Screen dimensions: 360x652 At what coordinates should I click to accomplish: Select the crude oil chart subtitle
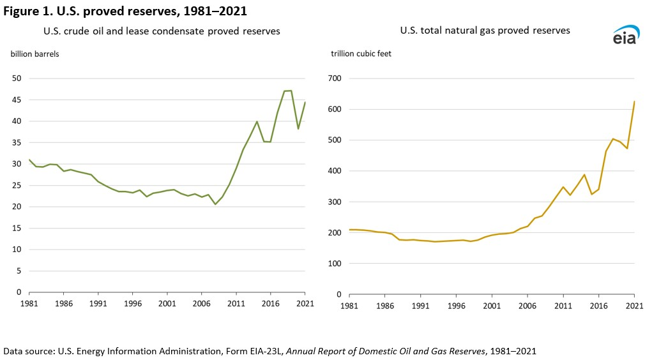point(162,31)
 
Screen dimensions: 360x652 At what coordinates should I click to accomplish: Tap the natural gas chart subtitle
point(485,30)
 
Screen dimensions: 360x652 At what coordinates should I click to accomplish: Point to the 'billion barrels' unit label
point(35,54)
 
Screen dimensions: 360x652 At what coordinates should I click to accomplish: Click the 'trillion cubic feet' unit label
point(361,54)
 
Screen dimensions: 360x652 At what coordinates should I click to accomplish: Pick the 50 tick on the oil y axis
point(17,79)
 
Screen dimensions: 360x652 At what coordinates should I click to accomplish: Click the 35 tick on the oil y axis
point(17,142)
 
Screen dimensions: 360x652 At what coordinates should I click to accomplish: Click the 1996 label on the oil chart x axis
point(132,304)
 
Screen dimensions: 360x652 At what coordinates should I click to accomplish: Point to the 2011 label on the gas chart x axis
point(563,306)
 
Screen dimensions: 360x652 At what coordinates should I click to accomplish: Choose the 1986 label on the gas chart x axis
point(385,306)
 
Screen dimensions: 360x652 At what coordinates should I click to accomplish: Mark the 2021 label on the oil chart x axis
point(305,304)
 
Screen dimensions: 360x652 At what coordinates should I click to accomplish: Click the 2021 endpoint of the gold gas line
point(634,101)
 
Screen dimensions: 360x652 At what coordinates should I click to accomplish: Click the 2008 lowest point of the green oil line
point(215,204)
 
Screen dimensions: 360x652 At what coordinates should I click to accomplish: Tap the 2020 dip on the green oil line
point(298,129)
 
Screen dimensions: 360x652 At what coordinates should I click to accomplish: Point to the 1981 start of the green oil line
point(29,160)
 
